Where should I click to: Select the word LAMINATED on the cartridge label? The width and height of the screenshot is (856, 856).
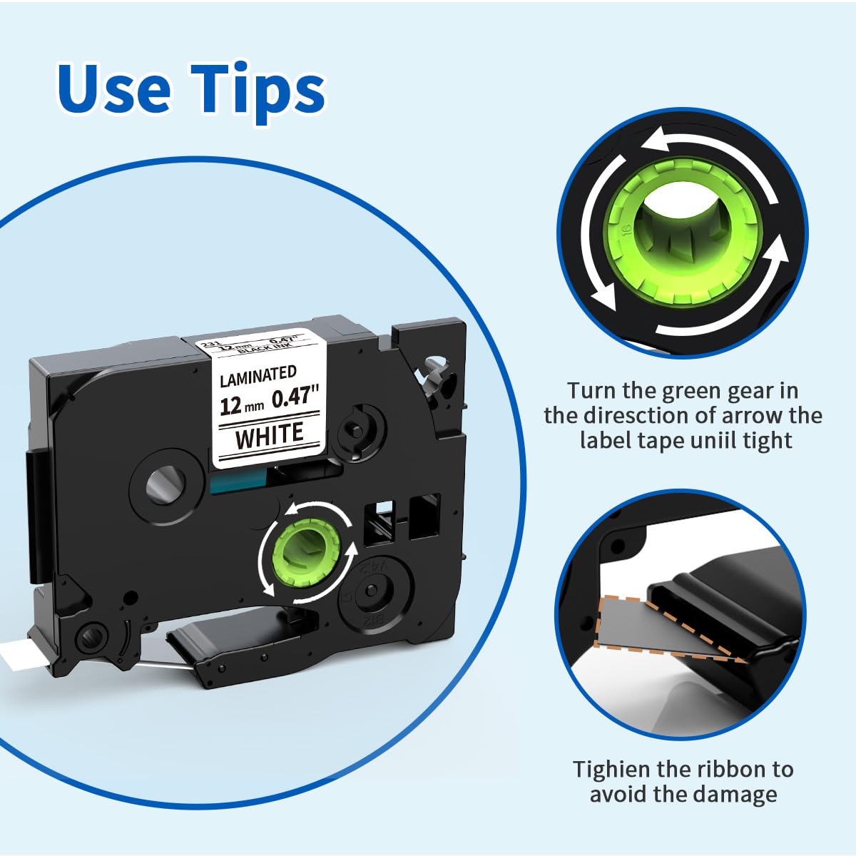(258, 374)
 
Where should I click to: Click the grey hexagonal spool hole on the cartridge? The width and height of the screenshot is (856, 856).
(166, 487)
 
